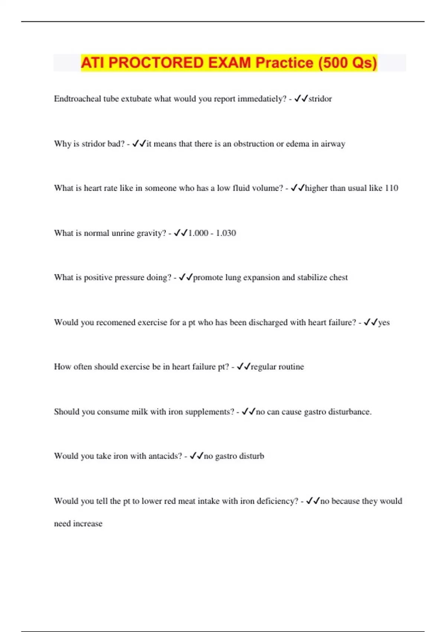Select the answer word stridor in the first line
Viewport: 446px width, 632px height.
tap(320, 99)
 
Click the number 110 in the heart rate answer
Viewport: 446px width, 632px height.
tap(391, 188)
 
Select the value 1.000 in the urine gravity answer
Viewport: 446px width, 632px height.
tap(198, 233)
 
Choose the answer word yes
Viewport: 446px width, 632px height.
tap(384, 322)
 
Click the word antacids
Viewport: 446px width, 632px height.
tap(165, 456)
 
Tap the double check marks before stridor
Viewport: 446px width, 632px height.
tap(301, 99)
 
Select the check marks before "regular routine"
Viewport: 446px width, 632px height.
tap(243, 367)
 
